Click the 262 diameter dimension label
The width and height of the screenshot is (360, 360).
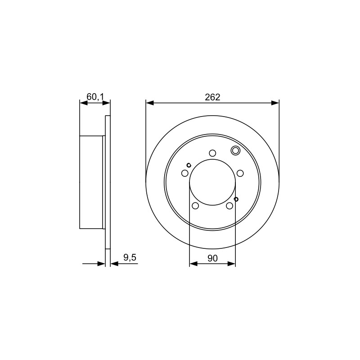(212, 97)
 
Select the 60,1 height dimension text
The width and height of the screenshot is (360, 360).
(95, 97)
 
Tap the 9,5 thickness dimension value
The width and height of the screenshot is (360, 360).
(130, 257)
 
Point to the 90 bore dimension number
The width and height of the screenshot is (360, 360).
(212, 258)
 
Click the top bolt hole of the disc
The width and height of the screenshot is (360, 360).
(212, 153)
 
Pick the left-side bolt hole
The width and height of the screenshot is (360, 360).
(185, 173)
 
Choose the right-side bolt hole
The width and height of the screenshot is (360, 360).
(240, 173)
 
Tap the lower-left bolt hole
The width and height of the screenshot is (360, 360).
(195, 206)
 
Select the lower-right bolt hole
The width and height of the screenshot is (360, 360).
(229, 206)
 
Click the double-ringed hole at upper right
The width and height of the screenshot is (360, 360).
(235, 151)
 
